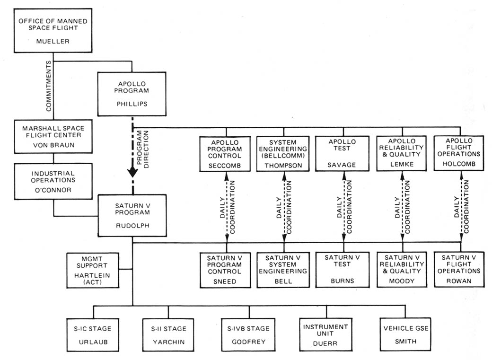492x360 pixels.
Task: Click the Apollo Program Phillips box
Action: (132, 94)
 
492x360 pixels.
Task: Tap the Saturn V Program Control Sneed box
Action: (227, 270)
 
